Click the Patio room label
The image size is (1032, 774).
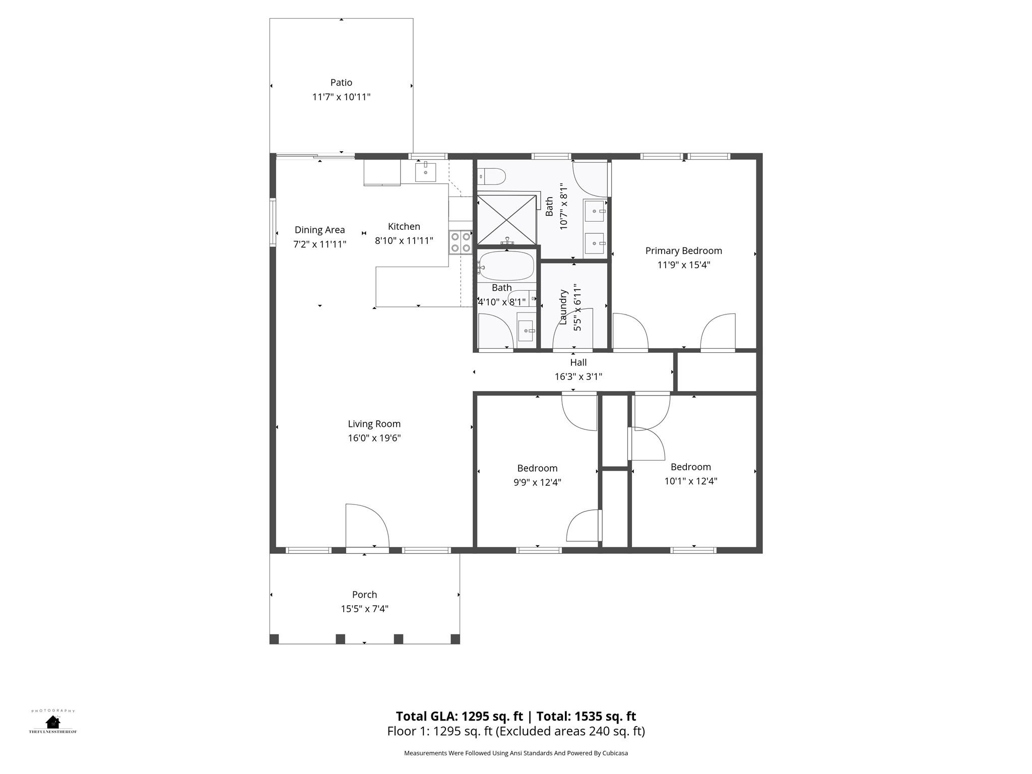341,82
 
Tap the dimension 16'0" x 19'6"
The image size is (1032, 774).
374,438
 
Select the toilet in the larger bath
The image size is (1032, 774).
493,176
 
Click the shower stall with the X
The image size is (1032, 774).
506,220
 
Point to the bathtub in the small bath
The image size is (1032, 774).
506,266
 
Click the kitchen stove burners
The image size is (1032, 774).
460,242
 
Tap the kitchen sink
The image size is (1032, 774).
425,172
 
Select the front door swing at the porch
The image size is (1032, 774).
367,525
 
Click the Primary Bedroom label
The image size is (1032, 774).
683,250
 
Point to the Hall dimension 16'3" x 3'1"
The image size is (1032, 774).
578,376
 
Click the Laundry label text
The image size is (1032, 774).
563,307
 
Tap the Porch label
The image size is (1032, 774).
364,595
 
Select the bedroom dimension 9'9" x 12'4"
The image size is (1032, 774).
537,482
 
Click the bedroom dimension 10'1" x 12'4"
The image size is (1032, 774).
690,481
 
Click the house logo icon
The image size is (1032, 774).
52,722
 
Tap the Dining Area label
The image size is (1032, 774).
319,230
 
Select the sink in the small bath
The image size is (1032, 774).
526,331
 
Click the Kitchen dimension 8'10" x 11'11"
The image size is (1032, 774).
404,240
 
